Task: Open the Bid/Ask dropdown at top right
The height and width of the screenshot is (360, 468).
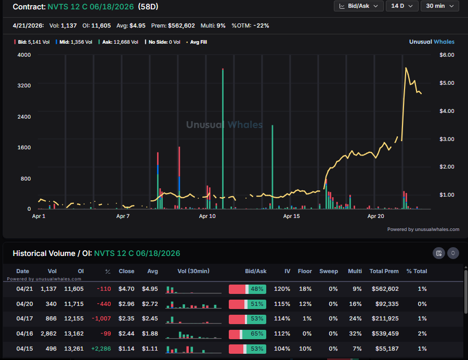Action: (359, 6)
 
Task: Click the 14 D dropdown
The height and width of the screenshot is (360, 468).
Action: (404, 6)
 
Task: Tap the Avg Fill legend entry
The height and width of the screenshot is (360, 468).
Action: (197, 42)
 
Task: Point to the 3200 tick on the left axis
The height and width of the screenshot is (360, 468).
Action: (23, 85)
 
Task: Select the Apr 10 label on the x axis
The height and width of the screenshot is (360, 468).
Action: (207, 216)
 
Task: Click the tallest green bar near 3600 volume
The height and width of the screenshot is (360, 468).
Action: (223, 138)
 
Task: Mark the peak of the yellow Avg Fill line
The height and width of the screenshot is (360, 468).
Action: (406, 68)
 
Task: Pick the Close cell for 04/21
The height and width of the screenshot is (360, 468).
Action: (126, 289)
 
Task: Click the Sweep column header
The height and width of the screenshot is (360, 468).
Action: (328, 271)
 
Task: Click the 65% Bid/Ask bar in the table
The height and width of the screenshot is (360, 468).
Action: (248, 333)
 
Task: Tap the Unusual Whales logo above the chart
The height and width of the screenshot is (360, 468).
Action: (432, 42)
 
